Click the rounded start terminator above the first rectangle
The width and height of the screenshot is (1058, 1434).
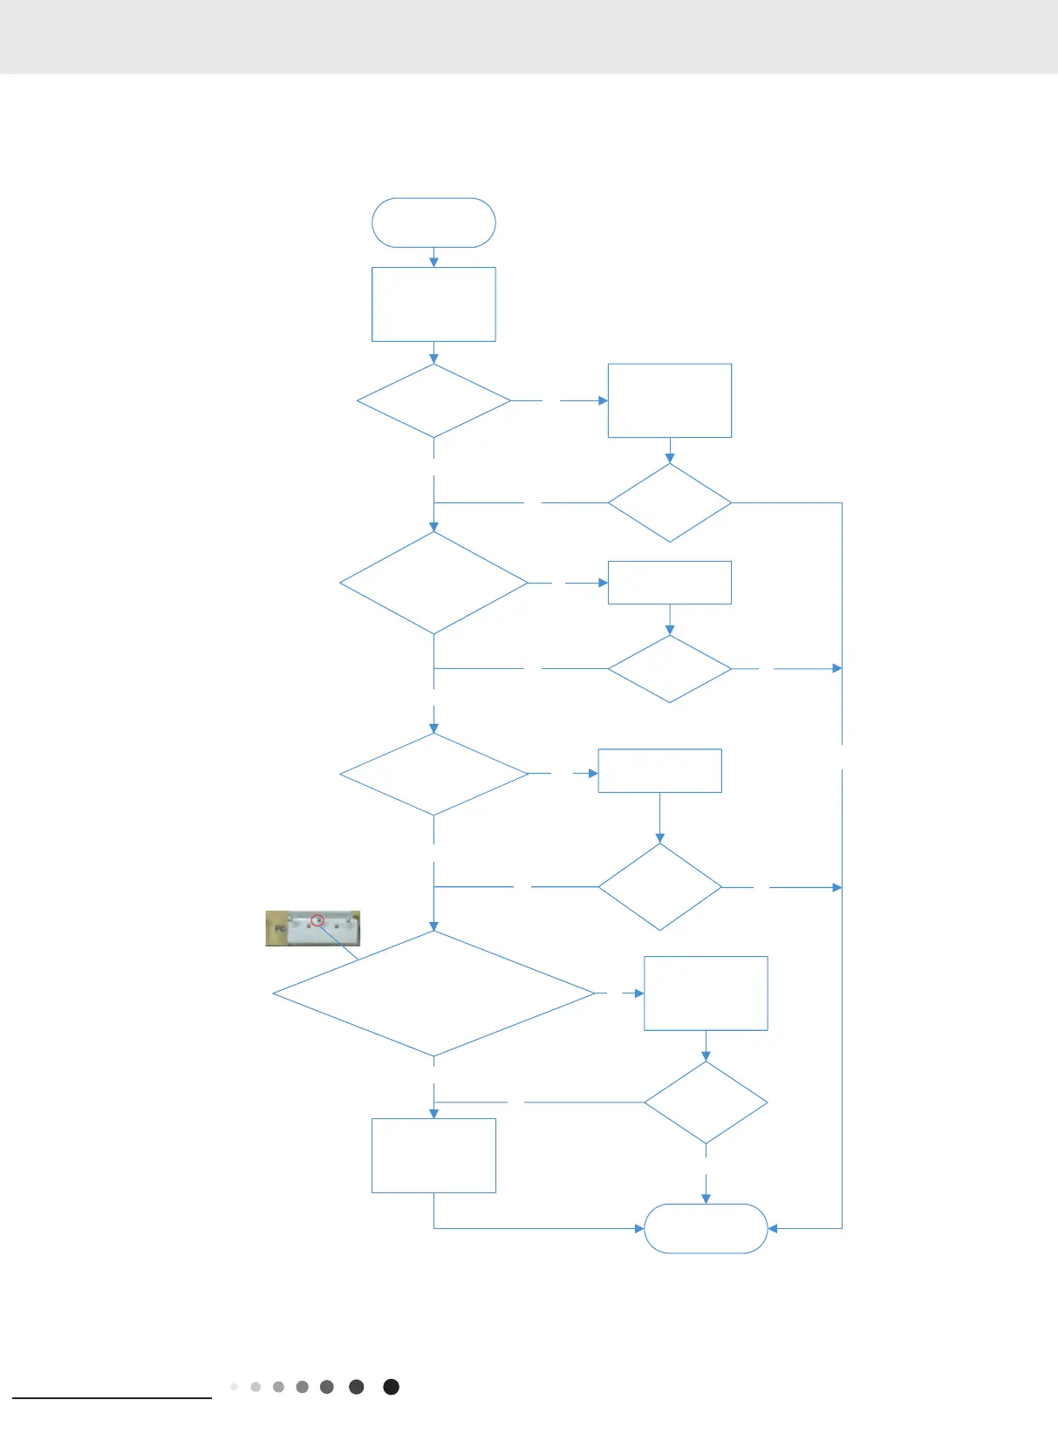(x=433, y=222)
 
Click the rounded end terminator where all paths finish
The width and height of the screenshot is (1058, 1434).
(x=706, y=1228)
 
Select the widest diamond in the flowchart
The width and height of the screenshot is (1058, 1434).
(x=433, y=994)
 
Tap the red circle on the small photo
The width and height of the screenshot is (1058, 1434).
(x=317, y=920)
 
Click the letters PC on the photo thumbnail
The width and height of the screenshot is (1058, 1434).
(x=280, y=929)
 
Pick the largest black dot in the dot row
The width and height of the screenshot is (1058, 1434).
(x=392, y=1387)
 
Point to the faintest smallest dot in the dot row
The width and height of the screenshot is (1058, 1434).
(x=234, y=1387)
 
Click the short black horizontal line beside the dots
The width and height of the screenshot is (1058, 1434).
(x=112, y=1398)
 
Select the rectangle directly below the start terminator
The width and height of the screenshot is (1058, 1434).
(x=433, y=304)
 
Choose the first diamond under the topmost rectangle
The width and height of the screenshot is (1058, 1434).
(x=433, y=400)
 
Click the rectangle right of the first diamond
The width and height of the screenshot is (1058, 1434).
(x=669, y=400)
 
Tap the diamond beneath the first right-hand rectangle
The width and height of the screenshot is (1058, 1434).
(x=669, y=502)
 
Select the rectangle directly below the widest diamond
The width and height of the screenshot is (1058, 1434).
(x=433, y=1155)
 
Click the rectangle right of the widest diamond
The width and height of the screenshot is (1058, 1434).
(x=706, y=994)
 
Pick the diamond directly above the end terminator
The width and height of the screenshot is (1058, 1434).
(x=706, y=1103)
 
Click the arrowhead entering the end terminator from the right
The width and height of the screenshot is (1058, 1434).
(x=773, y=1228)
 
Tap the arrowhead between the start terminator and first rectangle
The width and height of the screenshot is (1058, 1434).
(x=433, y=261)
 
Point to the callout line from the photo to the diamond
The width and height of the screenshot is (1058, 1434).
(x=338, y=941)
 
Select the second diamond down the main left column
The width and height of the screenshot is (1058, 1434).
(x=433, y=583)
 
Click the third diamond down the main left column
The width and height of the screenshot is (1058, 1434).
(x=433, y=774)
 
